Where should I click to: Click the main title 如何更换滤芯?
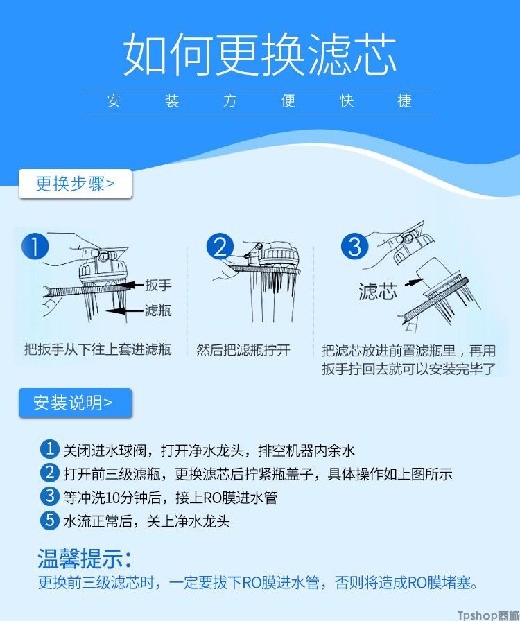pyautogui.click(x=259, y=54)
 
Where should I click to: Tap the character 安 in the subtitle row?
pyautogui.click(x=113, y=101)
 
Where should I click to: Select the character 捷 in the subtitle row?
pyautogui.click(x=405, y=101)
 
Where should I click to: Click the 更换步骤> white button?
pyautogui.click(x=75, y=184)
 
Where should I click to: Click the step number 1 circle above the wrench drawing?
pyautogui.click(x=35, y=246)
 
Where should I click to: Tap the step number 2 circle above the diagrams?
pyautogui.click(x=220, y=246)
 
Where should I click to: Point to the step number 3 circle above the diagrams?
pyautogui.click(x=355, y=246)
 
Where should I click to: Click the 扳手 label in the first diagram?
pyautogui.click(x=158, y=285)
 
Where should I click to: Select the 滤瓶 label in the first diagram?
pyautogui.click(x=158, y=310)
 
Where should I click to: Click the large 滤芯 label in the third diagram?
pyautogui.click(x=378, y=292)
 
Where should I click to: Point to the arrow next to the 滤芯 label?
pyautogui.click(x=414, y=282)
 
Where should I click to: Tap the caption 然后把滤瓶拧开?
pyautogui.click(x=243, y=350)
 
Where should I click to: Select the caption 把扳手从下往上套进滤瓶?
pyautogui.click(x=98, y=349)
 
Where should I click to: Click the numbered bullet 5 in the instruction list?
pyautogui.click(x=49, y=520)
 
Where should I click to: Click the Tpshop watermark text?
pyautogui.click(x=489, y=615)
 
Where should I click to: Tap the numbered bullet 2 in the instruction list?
pyautogui.click(x=49, y=473)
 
